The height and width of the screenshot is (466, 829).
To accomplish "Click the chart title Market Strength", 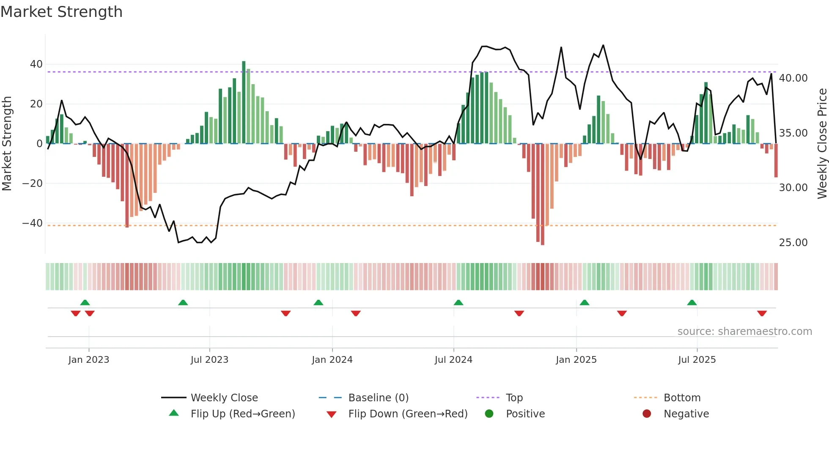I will click(x=61, y=12).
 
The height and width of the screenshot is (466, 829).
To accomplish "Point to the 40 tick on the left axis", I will click(x=36, y=64).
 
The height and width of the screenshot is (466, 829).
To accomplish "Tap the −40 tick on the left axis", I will click(x=33, y=223).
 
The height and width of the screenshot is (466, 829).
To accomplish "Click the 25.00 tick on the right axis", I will click(x=793, y=243).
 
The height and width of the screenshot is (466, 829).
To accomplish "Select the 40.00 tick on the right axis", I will click(x=793, y=78).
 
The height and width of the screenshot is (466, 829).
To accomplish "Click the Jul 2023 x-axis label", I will click(x=209, y=360).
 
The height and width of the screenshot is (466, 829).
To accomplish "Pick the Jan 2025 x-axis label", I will click(x=576, y=360).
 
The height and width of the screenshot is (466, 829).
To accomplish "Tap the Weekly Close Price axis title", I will click(x=822, y=144).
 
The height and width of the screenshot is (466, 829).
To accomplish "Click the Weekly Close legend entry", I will click(x=224, y=398).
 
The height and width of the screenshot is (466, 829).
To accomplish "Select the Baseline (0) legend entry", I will click(x=378, y=398).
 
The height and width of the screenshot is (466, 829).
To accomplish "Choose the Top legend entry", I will click(x=514, y=398).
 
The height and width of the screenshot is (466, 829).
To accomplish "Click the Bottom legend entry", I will click(x=682, y=398).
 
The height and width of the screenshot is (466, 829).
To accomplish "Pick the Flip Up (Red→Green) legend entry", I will click(x=242, y=414).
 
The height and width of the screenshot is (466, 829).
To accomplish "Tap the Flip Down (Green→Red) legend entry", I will click(x=407, y=414).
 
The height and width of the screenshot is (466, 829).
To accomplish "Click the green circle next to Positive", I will click(x=489, y=414).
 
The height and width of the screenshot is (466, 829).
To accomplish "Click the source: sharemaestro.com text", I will click(x=744, y=332).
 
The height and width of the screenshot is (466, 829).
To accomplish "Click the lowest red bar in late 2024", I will click(x=543, y=195).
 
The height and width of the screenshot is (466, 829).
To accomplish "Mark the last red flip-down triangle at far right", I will click(x=762, y=313).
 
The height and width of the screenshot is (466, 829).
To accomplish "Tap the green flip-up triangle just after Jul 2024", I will click(x=458, y=302).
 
